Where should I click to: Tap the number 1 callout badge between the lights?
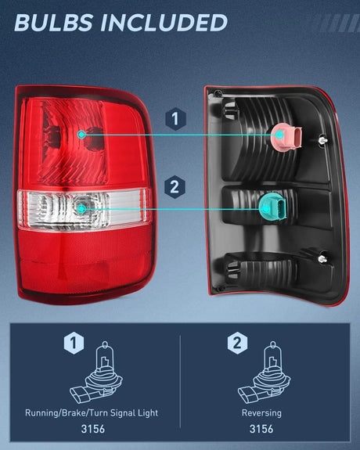tap(176, 119)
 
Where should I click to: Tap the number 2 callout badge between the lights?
tap(176, 186)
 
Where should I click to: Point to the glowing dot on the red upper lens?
tap(82, 135)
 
